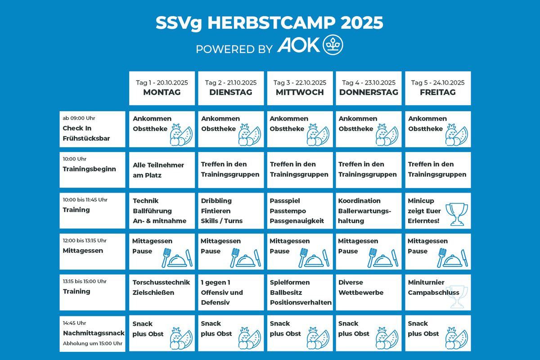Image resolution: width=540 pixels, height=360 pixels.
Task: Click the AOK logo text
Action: click(298, 45)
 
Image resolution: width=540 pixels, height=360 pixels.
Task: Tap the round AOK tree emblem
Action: click(333, 45)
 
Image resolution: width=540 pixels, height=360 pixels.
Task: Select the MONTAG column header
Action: click(162, 92)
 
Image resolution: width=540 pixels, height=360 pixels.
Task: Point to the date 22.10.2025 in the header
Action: click(311, 83)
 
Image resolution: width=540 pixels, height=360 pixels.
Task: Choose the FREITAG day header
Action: click(438, 92)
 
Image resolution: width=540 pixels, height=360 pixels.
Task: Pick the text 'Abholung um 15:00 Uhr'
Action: click(93, 343)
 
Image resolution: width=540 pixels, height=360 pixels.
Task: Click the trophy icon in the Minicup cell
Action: click(457, 214)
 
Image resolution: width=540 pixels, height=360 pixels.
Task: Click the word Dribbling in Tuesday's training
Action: click(216, 201)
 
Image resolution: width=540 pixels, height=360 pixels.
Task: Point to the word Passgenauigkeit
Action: click(297, 221)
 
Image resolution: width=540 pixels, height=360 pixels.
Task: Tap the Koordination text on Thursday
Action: click(359, 201)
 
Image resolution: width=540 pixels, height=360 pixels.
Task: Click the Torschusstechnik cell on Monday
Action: click(162, 292)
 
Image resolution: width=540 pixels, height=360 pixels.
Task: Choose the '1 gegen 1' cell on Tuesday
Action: click(231, 292)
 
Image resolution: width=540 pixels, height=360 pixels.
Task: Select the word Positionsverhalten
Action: click(301, 302)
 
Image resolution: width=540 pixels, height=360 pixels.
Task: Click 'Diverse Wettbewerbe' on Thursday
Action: click(360, 288)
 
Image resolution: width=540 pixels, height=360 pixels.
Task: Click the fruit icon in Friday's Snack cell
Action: click(457, 338)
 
